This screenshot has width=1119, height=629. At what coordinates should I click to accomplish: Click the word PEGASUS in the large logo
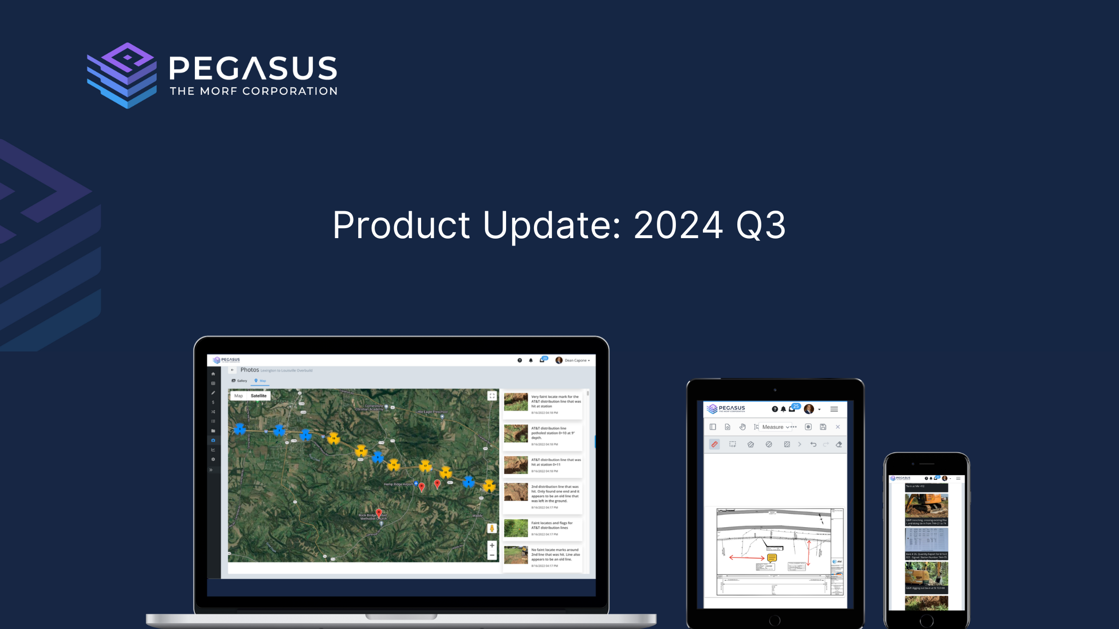253,68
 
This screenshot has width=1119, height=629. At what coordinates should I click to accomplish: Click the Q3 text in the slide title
761,225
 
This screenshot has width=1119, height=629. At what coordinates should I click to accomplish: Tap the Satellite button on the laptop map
258,396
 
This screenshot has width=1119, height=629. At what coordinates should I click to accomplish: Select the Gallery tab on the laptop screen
240,381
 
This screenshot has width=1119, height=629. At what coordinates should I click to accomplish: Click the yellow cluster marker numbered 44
361,451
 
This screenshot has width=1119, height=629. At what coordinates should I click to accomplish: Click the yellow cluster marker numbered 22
489,485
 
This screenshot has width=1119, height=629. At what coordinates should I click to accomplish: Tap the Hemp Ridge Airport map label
398,484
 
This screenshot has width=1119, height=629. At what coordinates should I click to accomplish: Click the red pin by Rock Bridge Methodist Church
379,513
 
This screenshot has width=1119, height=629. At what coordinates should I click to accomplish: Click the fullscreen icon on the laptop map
492,396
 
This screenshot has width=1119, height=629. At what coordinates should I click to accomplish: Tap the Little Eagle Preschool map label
432,412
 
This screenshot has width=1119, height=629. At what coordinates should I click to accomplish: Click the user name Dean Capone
575,360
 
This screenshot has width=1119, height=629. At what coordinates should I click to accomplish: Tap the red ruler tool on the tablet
714,444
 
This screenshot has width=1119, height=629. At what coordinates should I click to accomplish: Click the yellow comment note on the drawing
772,558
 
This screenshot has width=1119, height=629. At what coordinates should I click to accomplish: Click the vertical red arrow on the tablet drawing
809,552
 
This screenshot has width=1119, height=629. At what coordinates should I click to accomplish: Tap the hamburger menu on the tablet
834,409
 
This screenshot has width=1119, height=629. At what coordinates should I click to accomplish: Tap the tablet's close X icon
838,427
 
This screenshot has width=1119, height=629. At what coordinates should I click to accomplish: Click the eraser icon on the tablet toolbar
839,444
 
